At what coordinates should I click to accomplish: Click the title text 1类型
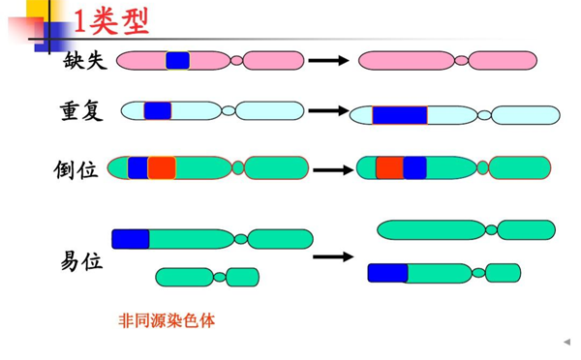[111, 22]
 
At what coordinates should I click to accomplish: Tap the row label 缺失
[85, 60]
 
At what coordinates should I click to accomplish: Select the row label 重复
[81, 111]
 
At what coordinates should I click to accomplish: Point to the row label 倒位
[76, 170]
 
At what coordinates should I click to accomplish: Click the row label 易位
[81, 261]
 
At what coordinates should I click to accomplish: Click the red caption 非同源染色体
[167, 320]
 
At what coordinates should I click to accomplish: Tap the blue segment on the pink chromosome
[178, 60]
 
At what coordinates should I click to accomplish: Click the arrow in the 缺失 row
[329, 60]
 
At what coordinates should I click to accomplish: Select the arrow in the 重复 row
[329, 110]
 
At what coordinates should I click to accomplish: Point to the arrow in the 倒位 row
[333, 170]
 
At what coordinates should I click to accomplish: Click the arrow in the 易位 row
[333, 256]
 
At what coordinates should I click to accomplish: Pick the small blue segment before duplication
[158, 110]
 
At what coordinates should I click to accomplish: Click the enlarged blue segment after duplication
[400, 115]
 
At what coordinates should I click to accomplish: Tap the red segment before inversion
[162, 167]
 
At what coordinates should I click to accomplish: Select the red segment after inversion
[389, 167]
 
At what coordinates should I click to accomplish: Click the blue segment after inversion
[414, 167]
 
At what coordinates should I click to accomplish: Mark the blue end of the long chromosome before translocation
[131, 239]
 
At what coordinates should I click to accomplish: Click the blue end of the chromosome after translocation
[388, 273]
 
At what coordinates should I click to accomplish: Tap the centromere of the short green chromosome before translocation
[220, 277]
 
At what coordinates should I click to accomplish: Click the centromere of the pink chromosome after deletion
[461, 60]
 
